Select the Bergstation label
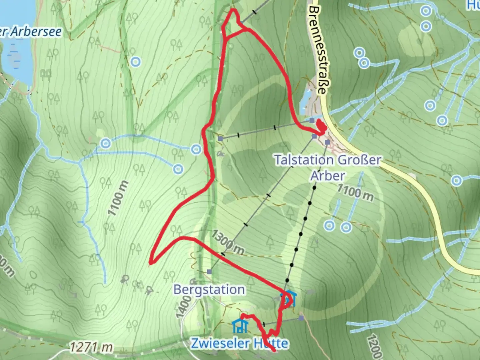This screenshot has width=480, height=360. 209,290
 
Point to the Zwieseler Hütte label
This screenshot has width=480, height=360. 239,343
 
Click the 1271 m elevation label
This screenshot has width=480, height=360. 91,347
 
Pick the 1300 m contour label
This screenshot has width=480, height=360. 228,242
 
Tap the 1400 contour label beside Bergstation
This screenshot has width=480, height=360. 184,307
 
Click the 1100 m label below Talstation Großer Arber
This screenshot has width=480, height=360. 355,192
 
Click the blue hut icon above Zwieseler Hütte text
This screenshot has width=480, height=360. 240,326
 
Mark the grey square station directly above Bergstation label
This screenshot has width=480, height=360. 209,272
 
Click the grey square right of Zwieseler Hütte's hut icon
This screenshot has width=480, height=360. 301,318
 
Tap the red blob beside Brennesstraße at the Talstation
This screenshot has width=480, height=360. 321,126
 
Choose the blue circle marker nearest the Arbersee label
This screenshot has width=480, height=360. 135,62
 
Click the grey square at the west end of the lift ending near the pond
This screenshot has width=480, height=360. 220,138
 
